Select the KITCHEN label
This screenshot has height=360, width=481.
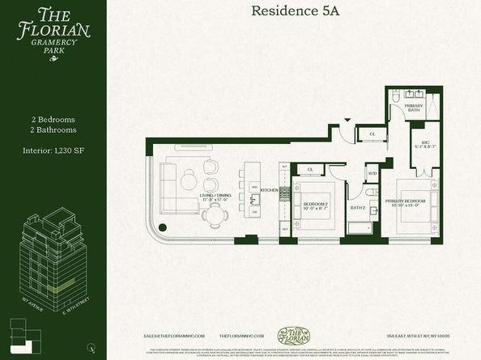[269, 191]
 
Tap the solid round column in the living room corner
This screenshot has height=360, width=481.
[162, 227]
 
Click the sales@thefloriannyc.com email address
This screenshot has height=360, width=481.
[174, 334]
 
